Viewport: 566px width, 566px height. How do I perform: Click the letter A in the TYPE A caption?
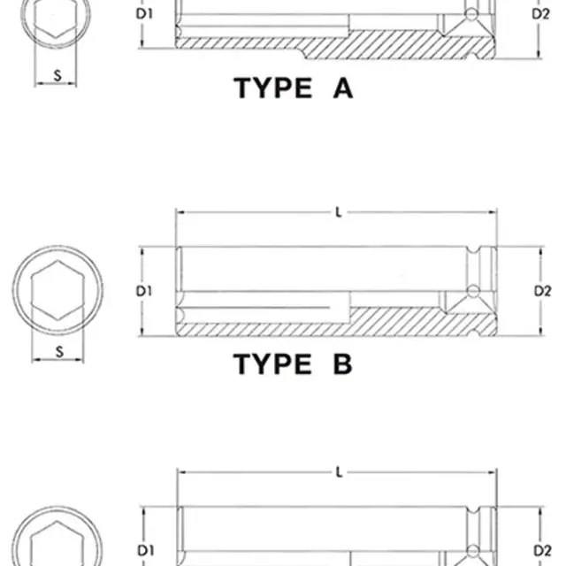pos(343,88)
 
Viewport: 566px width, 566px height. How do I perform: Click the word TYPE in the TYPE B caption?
pos(273,363)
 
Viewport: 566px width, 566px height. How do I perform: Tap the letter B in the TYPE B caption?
pos(342,363)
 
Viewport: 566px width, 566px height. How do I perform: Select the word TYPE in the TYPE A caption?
pos(273,88)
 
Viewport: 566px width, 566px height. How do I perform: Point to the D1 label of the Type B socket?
pos(144,291)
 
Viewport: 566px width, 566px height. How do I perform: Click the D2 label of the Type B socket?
pos(542,291)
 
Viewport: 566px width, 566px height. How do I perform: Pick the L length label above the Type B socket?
pos(339,212)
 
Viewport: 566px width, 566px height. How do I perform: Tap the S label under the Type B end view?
pos(59,352)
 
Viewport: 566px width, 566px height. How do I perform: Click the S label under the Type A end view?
pos(57,75)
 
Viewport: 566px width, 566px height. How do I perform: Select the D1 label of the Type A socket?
pos(144,14)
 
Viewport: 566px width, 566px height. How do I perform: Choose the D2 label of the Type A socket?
pos(540,14)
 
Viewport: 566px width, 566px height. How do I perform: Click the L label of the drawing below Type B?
pos(339,472)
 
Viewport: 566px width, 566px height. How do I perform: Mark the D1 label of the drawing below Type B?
pos(146,550)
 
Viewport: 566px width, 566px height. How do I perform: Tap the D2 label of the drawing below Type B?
pos(542,550)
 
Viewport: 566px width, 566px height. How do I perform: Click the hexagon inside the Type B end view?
pos(57,291)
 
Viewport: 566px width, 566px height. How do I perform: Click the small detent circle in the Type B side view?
pos(473,291)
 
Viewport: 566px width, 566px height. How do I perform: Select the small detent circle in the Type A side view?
pos(471,14)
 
